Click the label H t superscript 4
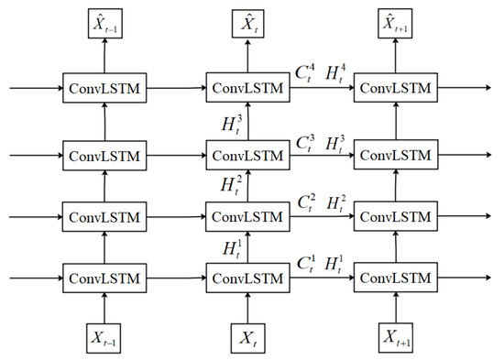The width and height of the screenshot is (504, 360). pos(336,73)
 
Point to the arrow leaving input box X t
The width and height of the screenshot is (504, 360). pos(247,306)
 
